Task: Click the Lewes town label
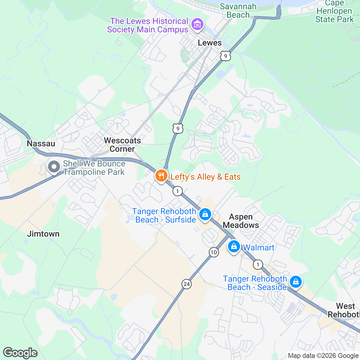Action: click(210, 43)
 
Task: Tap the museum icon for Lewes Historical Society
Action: click(198, 24)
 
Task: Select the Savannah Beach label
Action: click(238, 10)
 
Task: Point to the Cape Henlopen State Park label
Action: click(334, 12)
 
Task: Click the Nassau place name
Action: click(41, 143)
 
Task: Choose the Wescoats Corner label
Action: click(122, 145)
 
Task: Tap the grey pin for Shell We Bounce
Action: click(54, 167)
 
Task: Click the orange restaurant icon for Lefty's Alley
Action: click(161, 176)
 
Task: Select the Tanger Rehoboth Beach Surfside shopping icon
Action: click(205, 214)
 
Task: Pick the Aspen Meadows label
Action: click(241, 221)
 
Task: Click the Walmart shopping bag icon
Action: click(234, 247)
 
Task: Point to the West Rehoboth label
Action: click(345, 310)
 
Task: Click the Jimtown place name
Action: click(43, 234)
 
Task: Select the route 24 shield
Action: click(187, 284)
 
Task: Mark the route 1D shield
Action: click(214, 252)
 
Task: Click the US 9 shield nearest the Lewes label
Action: click(226, 56)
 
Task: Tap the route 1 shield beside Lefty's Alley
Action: click(178, 191)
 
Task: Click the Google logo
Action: click(20, 353)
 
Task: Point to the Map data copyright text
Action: click(323, 356)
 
